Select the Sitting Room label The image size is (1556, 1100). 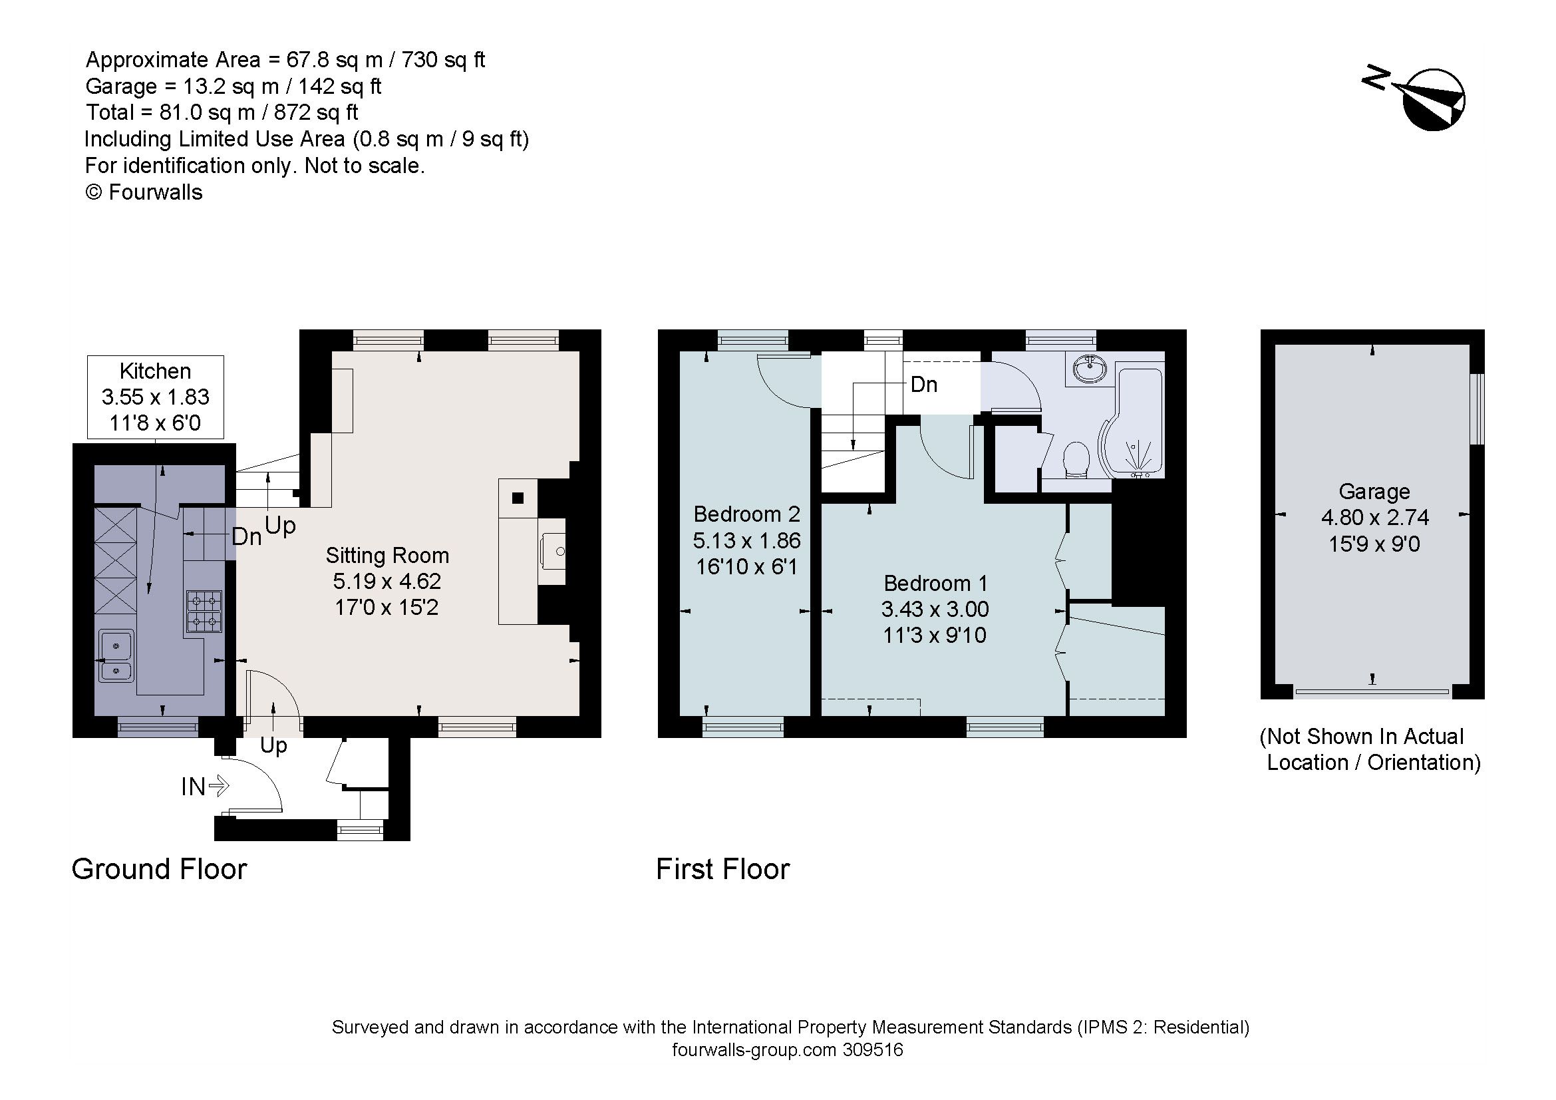387,556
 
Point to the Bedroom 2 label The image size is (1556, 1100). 746,514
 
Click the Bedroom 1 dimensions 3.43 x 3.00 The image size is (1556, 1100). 935,610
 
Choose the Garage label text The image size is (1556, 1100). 1374,491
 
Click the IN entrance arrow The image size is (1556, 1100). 218,786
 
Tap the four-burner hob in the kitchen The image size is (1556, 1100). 204,612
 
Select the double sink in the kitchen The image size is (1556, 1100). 116,656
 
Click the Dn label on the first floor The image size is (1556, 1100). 924,385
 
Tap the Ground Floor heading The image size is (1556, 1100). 159,870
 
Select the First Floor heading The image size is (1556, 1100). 722,870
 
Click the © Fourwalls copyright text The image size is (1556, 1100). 144,192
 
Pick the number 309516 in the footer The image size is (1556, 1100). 873,1051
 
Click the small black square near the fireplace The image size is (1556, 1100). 518,498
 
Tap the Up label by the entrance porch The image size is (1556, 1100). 273,745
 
